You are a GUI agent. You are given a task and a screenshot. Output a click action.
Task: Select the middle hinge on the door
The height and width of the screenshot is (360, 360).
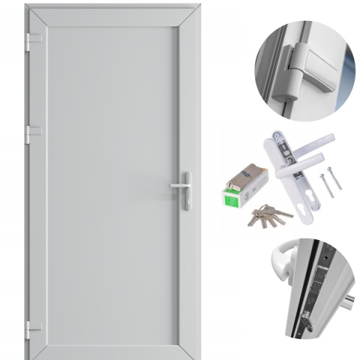30,133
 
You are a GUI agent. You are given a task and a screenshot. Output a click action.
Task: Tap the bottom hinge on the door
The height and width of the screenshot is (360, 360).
30,327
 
